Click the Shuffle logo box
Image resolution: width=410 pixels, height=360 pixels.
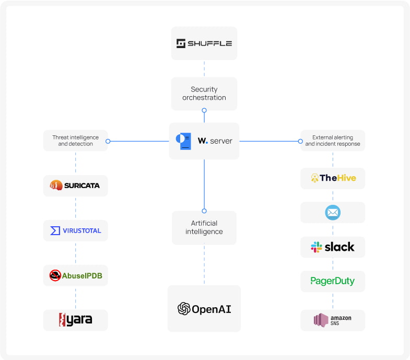(204, 43)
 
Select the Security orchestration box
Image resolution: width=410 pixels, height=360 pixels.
(204, 94)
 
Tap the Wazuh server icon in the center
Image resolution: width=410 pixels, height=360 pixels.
(183, 141)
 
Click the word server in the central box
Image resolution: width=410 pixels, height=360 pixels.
(221, 141)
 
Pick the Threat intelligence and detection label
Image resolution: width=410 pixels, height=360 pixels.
(75, 141)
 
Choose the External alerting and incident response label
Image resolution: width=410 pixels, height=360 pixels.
(333, 141)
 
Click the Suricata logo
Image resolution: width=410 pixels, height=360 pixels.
(75, 185)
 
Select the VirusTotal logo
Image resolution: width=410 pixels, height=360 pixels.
(75, 230)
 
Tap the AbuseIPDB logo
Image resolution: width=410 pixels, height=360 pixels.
(75, 275)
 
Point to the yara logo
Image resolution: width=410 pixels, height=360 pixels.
(75, 320)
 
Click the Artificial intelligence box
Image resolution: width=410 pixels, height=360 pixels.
(204, 227)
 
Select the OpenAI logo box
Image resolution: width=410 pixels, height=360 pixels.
(204, 309)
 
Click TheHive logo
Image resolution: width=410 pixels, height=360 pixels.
(333, 178)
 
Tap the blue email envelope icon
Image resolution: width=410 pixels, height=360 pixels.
(333, 213)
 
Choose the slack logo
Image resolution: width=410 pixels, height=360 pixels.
(333, 247)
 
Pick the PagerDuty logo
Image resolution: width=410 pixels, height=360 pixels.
(333, 281)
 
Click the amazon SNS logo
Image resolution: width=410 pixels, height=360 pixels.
(333, 320)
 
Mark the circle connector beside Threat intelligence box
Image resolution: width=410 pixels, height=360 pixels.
(108, 141)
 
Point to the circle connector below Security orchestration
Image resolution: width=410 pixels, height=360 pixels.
(204, 110)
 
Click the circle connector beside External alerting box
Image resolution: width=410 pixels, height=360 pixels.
(300, 141)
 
